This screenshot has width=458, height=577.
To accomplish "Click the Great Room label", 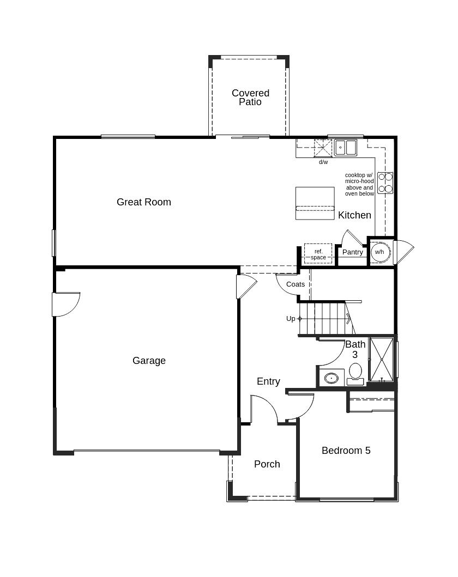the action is pos(143,202).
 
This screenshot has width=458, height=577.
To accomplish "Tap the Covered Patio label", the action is pos(250,98).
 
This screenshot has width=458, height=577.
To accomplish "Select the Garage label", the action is pos(149,361).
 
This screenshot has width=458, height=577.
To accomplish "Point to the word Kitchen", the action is pos(354,215).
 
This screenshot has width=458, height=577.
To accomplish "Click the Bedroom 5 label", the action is pos(346,451).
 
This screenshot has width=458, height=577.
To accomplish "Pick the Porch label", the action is pos(267,464).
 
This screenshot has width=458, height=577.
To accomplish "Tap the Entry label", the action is pos(268,381).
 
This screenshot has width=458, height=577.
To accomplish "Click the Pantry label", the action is pos(353,252).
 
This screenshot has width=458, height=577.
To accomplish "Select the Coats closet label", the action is pos(296,284).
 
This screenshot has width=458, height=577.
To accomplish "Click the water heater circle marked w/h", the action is pos(379,252).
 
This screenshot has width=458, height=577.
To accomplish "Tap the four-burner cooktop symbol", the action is pos(385,183).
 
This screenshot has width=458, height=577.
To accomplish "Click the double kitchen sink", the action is pos(345,148).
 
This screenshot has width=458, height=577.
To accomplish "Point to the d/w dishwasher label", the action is pos(323,162).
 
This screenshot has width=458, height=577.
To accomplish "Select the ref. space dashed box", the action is pos(318,254).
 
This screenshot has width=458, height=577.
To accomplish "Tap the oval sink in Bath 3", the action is pos(332,378).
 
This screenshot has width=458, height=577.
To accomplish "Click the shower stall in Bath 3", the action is pos(382,359).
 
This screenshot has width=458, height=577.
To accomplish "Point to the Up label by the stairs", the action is pos(291,319).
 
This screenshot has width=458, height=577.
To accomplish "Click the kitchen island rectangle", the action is pos(315,203).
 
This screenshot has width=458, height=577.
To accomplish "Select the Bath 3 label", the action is pos(355,349).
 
